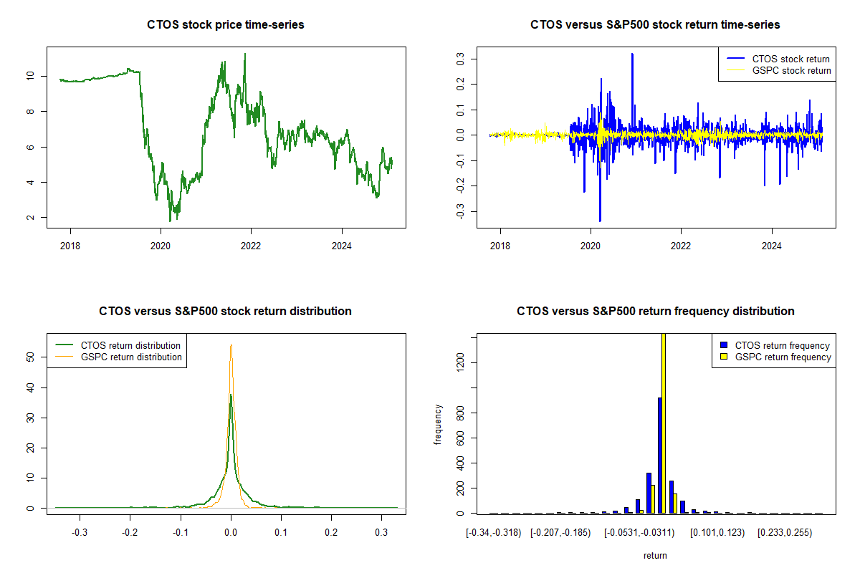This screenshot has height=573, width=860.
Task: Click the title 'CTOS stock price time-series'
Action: tap(226, 25)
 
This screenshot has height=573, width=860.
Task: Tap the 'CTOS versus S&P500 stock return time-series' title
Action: tap(655, 25)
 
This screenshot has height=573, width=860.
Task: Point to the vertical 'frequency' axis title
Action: tap(438, 425)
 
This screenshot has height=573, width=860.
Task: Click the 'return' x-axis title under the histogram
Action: tap(655, 556)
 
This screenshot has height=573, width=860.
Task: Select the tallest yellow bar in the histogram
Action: tap(664, 423)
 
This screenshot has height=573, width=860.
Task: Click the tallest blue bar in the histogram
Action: tap(659, 455)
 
